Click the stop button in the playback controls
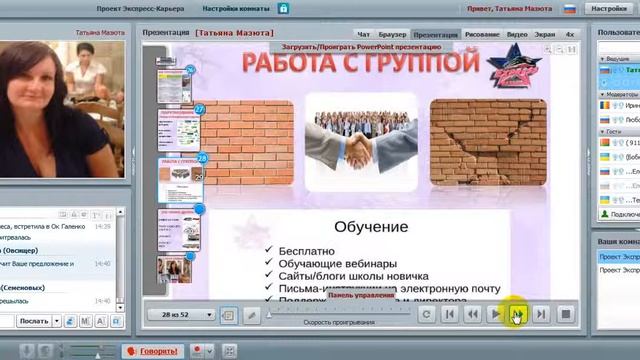pyautogui.click(x=565, y=314)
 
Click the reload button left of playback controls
pyautogui.click(x=426, y=314)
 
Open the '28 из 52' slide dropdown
pyautogui.click(x=188, y=314)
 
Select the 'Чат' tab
pyautogui.click(x=364, y=34)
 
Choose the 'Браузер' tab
pyautogui.click(x=394, y=34)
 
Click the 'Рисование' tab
pyautogui.click(x=482, y=34)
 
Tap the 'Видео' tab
pyautogui.click(x=517, y=34)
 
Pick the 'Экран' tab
pyautogui.click(x=544, y=34)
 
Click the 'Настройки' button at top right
pyautogui.click(x=609, y=9)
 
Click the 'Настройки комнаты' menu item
pyautogui.click(x=238, y=8)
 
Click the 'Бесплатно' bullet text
pyautogui.click(x=306, y=250)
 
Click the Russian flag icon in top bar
pyautogui.click(x=570, y=9)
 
